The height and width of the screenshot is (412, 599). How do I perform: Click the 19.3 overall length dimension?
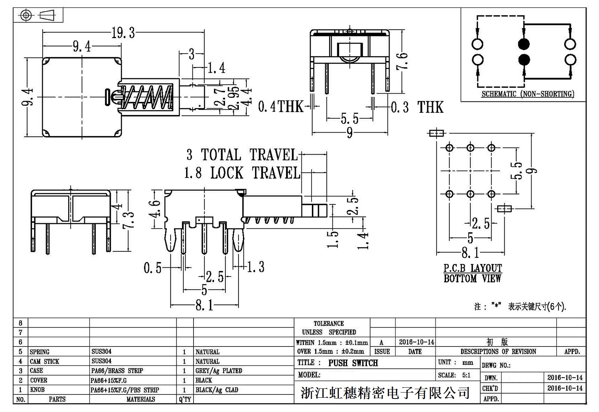[123, 33]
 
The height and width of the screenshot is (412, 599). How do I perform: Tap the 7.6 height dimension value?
[402, 61]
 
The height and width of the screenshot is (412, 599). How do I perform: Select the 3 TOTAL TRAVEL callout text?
[242, 155]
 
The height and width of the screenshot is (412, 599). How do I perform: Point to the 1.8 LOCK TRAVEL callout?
[242, 173]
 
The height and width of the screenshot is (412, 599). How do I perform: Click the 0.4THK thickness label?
[281, 107]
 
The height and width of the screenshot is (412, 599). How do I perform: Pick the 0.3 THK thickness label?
[417, 107]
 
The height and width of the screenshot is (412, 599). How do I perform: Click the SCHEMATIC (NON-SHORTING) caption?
[528, 94]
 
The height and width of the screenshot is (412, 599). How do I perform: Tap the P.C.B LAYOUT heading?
[472, 268]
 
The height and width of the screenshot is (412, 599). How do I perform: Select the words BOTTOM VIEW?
[472, 279]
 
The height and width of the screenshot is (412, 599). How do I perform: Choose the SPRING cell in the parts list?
[39, 352]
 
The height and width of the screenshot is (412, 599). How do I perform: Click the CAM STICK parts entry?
[45, 361]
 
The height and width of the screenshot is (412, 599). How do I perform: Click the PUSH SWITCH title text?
[353, 363]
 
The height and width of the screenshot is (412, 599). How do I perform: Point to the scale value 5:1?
[466, 375]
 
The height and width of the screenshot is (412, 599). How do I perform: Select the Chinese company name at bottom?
[385, 393]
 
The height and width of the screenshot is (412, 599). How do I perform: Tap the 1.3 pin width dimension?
[256, 267]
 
